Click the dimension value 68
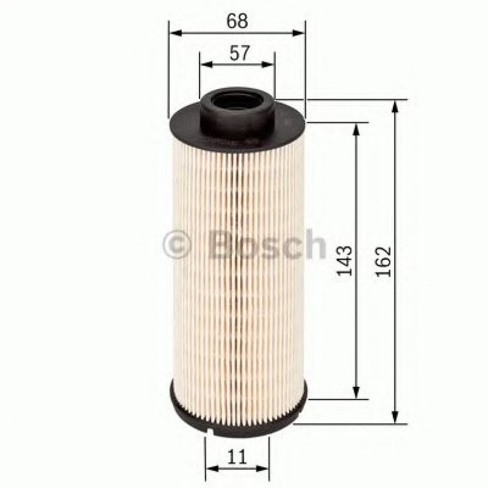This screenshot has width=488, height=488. [x=237, y=21]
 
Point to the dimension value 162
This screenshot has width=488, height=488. [x=383, y=261]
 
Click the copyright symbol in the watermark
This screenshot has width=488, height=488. [x=176, y=246]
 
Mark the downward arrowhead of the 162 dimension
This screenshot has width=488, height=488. [x=396, y=418]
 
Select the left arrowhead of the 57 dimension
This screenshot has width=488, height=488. [x=205, y=64]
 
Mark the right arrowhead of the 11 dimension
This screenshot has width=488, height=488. [x=264, y=468]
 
